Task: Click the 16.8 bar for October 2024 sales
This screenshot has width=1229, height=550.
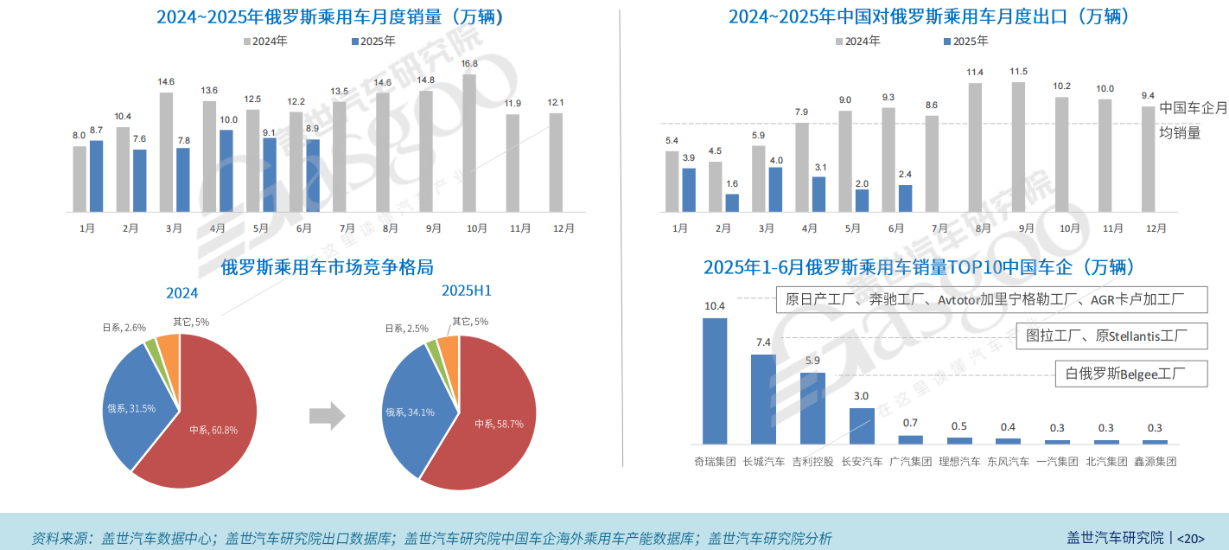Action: [x=469, y=143]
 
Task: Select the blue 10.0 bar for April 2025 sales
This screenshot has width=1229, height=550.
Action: [x=226, y=171]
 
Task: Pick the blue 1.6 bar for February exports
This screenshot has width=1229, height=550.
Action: [x=732, y=203]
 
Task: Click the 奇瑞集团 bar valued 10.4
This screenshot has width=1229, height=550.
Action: [x=714, y=381]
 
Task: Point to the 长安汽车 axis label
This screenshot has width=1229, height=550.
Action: [x=862, y=462]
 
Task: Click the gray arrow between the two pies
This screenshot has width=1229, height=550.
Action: [x=327, y=416]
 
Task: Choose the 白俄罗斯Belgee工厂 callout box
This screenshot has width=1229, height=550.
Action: [x=1130, y=374]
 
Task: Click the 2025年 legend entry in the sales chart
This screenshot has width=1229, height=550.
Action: [x=373, y=41]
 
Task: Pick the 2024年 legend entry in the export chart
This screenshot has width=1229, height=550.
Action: [x=857, y=41]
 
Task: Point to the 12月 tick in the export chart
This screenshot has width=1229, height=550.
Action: [x=1155, y=228]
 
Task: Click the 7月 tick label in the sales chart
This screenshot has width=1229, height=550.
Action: [x=347, y=228]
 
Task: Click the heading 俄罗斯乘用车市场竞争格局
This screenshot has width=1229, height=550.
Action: [x=327, y=266]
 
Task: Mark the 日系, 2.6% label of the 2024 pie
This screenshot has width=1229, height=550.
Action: [x=124, y=328]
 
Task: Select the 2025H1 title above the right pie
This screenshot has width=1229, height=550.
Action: [x=466, y=291]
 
